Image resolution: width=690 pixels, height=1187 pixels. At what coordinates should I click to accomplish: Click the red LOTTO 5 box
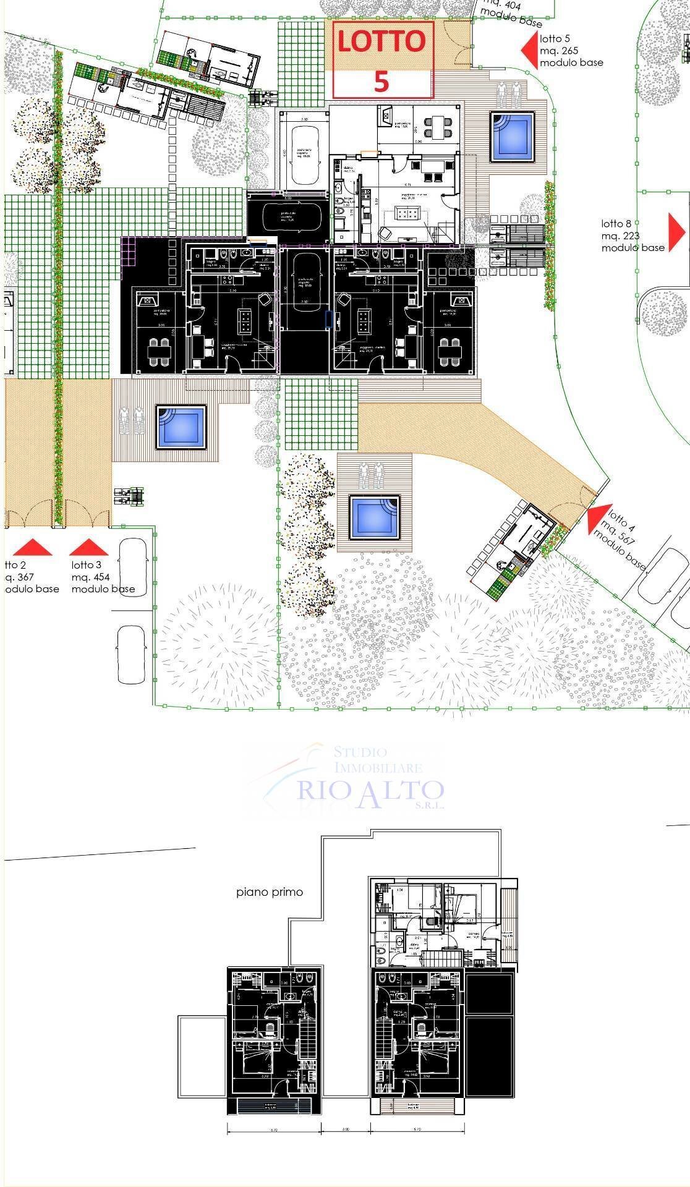[x=383, y=60]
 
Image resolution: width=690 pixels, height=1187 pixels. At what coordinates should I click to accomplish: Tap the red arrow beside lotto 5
[x=529, y=51]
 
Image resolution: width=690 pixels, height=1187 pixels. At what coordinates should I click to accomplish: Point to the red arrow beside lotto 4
[x=596, y=518]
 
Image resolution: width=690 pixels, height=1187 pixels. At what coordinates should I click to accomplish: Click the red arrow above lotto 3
[x=88, y=547]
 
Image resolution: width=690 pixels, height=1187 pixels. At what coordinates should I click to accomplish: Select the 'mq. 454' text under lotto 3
[x=90, y=577]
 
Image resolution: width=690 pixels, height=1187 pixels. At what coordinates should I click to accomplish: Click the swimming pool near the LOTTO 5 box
[x=512, y=136]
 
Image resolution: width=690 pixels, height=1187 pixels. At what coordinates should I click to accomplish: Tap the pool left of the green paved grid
[x=180, y=427]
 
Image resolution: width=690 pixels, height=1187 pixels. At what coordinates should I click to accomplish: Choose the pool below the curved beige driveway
[x=374, y=516]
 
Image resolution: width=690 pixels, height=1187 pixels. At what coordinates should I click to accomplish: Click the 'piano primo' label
[x=270, y=892]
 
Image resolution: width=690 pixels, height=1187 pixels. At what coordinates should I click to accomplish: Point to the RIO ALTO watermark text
[x=371, y=791]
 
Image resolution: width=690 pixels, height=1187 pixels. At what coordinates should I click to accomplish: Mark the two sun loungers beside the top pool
[x=509, y=94]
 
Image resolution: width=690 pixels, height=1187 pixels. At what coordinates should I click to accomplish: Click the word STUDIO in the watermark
[x=360, y=752]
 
